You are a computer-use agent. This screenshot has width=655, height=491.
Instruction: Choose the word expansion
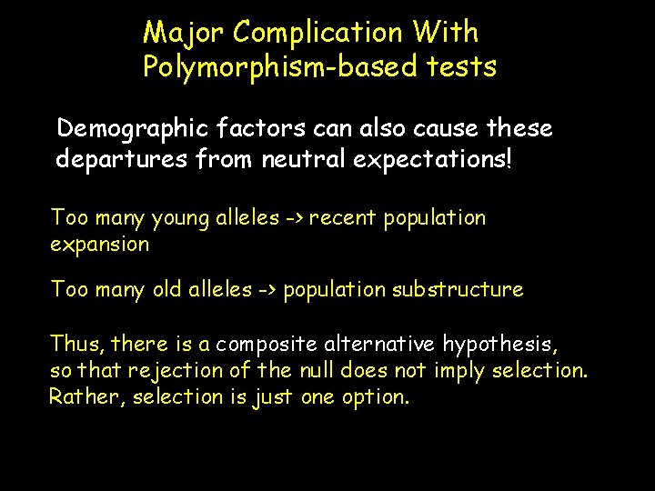pos(100,245)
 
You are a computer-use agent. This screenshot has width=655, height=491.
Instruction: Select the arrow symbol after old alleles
pos(267,290)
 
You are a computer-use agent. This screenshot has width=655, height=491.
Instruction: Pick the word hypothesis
pos(499,345)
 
